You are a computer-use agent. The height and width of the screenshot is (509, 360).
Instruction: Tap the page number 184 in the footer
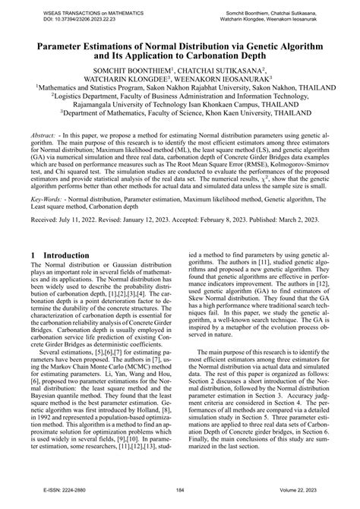(x=180, y=501)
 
